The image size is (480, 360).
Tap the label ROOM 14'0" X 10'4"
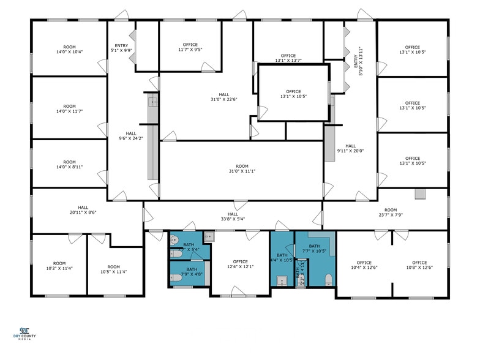(69, 50)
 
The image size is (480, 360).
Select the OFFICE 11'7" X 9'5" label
(190, 48)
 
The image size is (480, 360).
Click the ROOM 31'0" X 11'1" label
(242, 169)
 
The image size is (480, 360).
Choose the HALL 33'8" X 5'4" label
(233, 216)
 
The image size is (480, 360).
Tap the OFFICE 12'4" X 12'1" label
(240, 264)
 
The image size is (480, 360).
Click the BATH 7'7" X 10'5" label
(315, 249)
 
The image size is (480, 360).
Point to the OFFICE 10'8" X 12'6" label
(419, 265)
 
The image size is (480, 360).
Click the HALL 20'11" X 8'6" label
(83, 210)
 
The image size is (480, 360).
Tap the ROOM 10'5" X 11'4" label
(114, 270)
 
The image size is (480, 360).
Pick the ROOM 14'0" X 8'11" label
(69, 165)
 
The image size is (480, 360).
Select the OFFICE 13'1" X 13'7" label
(288, 58)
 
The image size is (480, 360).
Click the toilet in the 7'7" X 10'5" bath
(329, 280)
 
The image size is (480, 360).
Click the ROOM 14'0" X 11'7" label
(69, 108)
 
